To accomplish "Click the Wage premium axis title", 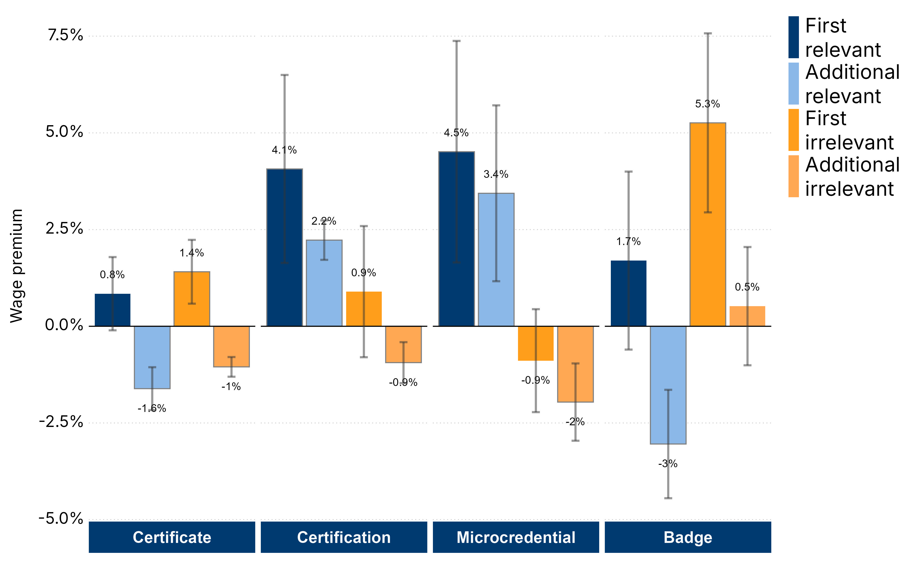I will [17, 266].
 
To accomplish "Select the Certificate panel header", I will [172, 537].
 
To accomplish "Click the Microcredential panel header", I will [516, 537].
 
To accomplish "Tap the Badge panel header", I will [688, 537].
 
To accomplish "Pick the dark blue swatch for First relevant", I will [794, 37].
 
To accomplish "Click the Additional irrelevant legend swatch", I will [794, 176].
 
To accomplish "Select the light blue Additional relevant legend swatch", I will [794, 83].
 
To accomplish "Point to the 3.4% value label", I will [496, 174].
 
